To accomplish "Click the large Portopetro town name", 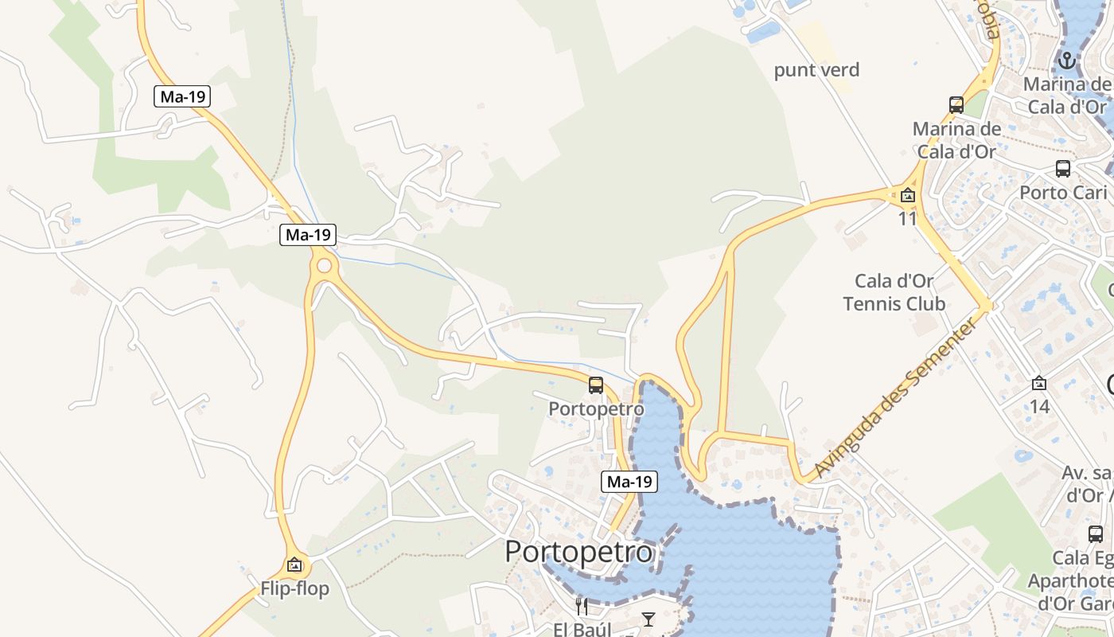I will pos(578,552).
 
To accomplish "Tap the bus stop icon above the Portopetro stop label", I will pos(596,385).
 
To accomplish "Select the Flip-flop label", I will pos(294,590).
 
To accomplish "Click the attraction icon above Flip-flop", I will pos(295,565).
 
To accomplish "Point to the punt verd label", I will pos(817,70).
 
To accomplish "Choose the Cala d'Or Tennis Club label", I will pos(894,292).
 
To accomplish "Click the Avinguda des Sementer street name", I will pos(894,401).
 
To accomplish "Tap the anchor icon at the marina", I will pos(1066,60).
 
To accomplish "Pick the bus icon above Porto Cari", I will pos(1063,168).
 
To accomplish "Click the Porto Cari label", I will pos(1063,193).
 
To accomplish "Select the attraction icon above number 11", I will pos(908,195).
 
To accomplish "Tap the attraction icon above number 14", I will pos(1039,383).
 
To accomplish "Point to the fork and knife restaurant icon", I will pos(582,607).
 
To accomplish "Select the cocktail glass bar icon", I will pos(649,619).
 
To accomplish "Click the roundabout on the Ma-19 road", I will pos(324,265).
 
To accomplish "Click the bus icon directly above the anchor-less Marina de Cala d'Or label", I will pos(956,104).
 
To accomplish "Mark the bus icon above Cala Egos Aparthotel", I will pos(1096,534).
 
